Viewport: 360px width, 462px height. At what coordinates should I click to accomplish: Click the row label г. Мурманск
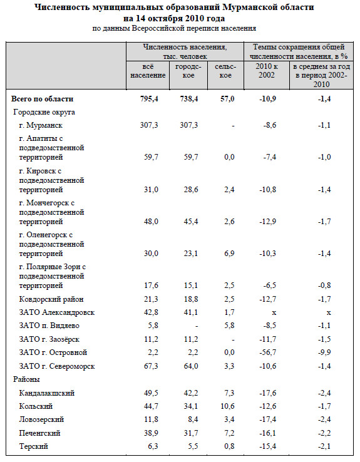coord(41,125)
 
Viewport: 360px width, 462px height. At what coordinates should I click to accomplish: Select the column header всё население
coord(148,71)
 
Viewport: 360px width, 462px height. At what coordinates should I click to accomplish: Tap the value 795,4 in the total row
coord(149,99)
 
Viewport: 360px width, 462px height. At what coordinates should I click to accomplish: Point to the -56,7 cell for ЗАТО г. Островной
coord(268,352)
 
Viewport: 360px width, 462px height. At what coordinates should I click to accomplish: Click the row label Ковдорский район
coord(51,299)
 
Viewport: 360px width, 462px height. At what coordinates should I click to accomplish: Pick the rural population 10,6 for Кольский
coord(227,406)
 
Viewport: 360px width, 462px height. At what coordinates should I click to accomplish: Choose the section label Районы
coord(26,379)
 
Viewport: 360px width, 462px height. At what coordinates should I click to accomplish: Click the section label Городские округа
coord(44,112)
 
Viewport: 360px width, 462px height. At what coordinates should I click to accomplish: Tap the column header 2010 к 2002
coord(267,71)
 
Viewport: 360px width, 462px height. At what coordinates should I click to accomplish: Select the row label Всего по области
coord(42,99)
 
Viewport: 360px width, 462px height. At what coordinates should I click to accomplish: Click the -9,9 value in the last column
coord(324,352)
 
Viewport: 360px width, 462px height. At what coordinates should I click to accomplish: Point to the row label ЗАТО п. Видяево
coord(49,326)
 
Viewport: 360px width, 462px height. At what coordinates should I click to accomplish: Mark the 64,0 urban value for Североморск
coord(191,366)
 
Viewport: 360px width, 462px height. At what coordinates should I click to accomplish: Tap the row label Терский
coord(34,446)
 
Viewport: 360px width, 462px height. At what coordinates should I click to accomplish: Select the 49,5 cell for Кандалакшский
coord(151,393)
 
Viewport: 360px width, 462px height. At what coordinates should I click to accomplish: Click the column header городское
coord(188,71)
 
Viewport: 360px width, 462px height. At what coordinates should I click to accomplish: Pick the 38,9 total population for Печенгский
coord(151,433)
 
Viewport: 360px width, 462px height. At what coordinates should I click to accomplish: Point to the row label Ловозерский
coord(41,419)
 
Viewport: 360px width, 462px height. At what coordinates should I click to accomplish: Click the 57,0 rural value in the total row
coord(227,99)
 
